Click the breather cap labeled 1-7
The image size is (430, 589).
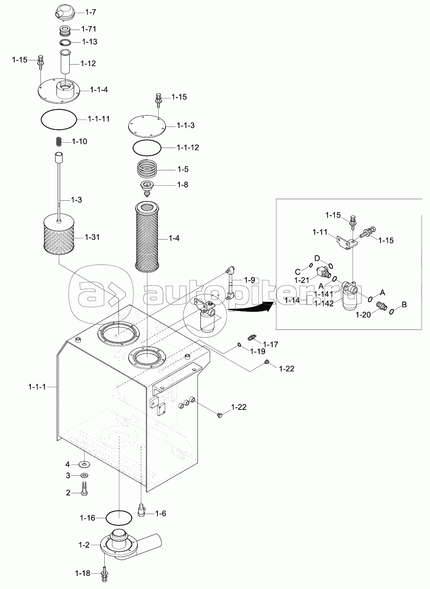65,12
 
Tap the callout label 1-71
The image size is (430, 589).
89,29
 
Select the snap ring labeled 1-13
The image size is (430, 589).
65,42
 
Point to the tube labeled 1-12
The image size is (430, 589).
65,62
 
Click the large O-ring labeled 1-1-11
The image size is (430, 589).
59,120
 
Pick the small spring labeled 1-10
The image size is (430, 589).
59,142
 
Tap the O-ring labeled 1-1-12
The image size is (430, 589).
147,148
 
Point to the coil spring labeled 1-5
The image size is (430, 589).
147,169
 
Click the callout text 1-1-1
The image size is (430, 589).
37,387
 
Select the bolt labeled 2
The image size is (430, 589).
84,489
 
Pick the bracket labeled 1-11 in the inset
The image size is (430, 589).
347,241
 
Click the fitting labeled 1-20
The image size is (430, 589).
381,306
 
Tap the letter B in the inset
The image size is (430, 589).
404,304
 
